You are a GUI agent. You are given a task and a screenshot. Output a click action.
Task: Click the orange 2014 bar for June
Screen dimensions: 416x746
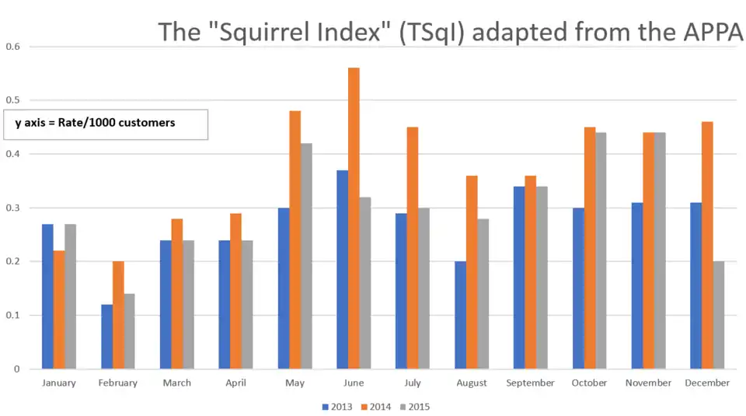pos(354,218)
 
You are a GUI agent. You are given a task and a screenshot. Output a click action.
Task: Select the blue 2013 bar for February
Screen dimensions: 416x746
pos(106,337)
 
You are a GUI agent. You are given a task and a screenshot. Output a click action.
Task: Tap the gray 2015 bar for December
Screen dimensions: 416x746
pos(719,315)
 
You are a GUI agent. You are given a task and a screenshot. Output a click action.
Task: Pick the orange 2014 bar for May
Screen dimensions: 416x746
pos(295,240)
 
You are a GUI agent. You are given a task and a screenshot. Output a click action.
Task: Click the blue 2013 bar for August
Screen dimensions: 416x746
pos(460,315)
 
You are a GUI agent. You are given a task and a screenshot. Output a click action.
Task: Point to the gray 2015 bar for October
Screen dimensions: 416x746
pos(601,250)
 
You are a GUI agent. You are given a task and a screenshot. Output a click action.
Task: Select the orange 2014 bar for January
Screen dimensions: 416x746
pos(59,309)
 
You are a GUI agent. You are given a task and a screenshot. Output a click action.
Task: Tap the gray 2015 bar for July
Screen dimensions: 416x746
pos(424,288)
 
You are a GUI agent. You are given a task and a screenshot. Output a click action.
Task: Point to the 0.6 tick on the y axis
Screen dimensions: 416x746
pos(13,47)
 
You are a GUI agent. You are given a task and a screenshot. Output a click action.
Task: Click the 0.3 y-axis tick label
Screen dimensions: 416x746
pos(13,208)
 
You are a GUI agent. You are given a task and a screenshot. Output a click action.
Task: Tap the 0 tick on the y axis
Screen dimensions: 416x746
pos(17,369)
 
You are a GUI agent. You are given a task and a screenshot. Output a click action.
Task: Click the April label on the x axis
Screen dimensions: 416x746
pos(235,383)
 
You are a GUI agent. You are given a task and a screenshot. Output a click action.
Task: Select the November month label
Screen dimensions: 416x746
pos(648,383)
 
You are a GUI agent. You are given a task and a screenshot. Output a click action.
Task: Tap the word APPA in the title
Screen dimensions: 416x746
pos(715,33)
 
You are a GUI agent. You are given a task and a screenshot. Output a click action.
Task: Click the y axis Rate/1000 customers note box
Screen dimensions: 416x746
pos(106,124)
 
